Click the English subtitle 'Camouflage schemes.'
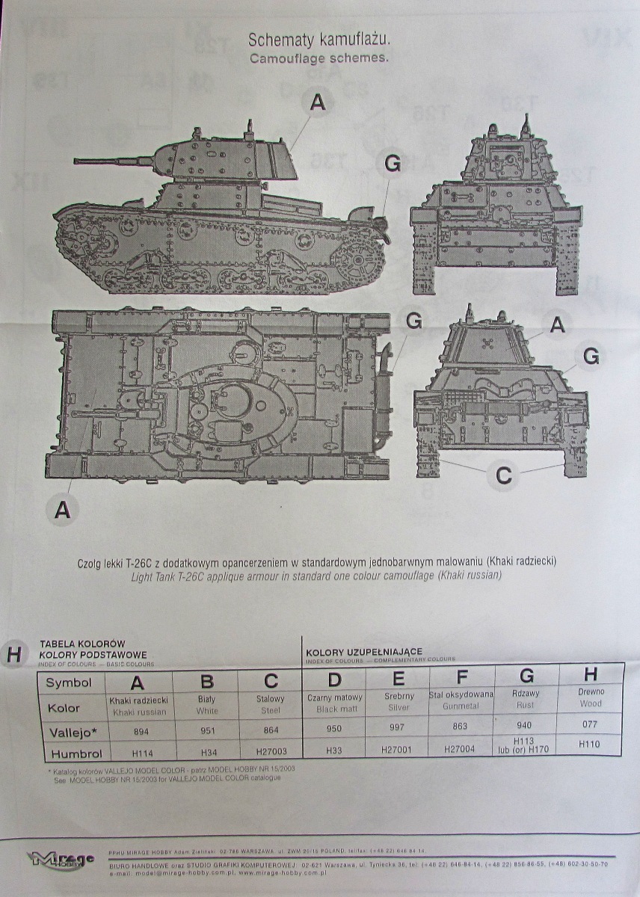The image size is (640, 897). (x=319, y=58)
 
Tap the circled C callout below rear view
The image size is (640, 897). (x=503, y=475)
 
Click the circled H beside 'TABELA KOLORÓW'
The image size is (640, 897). (x=13, y=655)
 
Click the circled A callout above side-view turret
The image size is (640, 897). (x=318, y=102)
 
